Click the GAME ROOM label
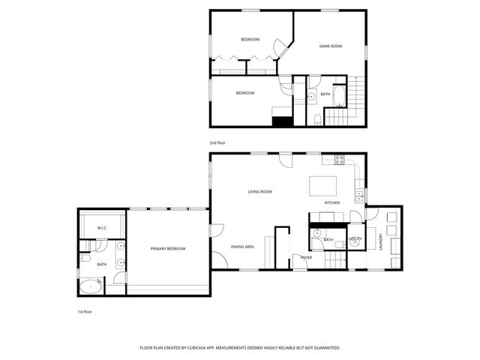pos(331,46)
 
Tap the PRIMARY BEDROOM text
pos(167,248)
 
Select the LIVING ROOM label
pos(259,192)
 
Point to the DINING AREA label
pos(242,247)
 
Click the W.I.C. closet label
pos(102,227)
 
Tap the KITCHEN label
pos(333,203)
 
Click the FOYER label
pos(306,257)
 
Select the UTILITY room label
pos(355,239)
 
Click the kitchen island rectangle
pos(323,185)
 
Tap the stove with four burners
pos(339,160)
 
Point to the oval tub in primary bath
pos(91,286)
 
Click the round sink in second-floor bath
pos(310,96)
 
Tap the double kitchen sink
pos(359,195)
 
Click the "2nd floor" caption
pos(217,142)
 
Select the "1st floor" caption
pos(85,311)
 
